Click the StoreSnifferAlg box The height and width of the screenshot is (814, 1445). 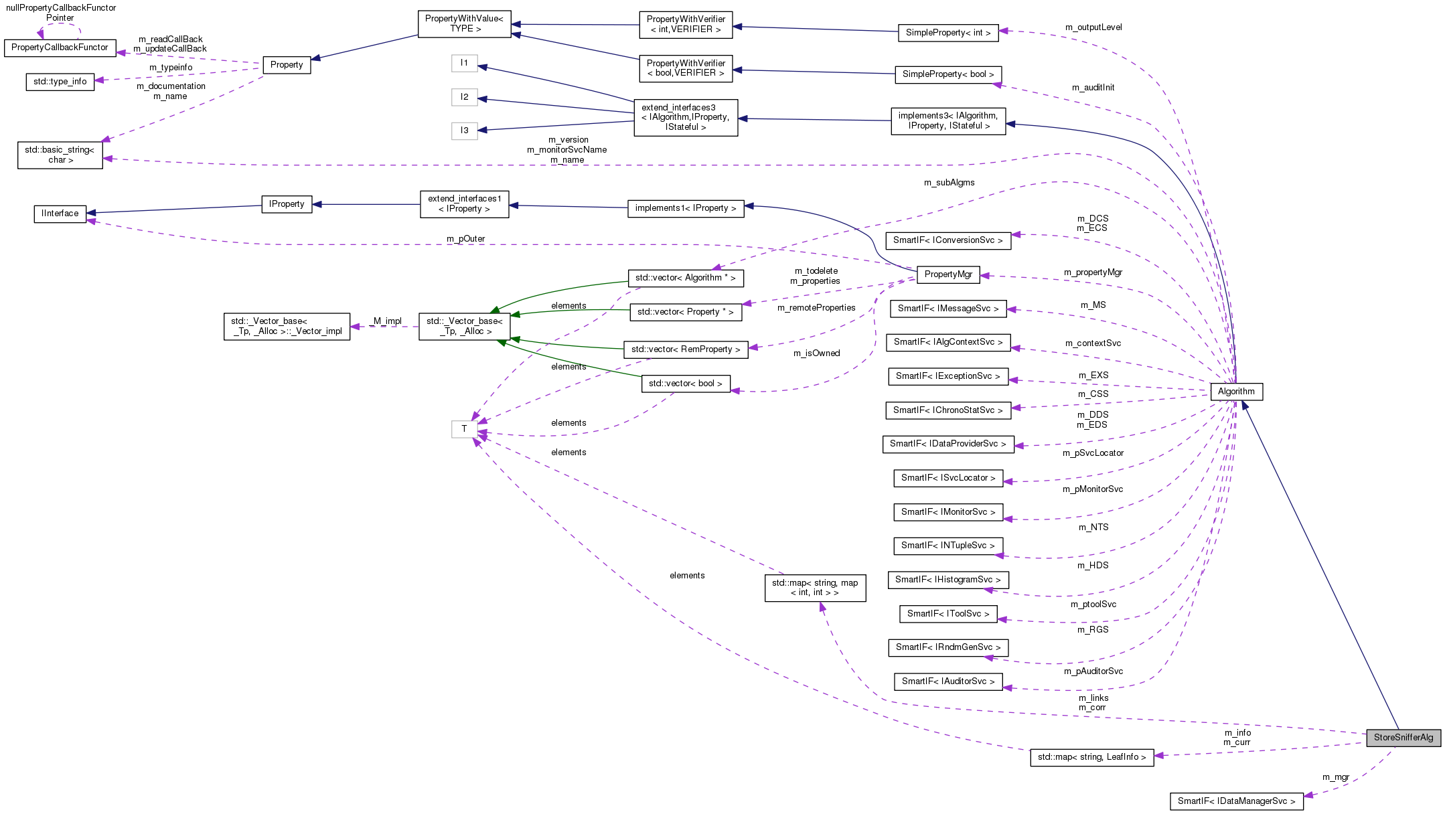[1403, 738]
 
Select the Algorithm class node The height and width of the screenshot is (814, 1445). [1236, 392]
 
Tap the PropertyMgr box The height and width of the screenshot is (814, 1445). [948, 274]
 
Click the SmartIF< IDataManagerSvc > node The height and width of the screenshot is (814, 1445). [1236, 801]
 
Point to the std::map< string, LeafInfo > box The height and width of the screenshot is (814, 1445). [1091, 757]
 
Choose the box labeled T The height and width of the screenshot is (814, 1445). [464, 429]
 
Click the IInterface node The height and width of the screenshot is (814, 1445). [60, 214]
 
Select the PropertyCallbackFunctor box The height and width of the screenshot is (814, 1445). [60, 48]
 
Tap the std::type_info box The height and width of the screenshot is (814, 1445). [60, 82]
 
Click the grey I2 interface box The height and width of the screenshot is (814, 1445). [464, 97]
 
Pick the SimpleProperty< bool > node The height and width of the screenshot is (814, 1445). [947, 74]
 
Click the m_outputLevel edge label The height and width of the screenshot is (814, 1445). [1093, 27]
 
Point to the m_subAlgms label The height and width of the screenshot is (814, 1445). [949, 183]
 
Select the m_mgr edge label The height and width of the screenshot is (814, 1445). [1335, 777]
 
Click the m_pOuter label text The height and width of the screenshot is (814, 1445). [465, 239]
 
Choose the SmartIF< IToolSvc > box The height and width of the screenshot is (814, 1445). [947, 614]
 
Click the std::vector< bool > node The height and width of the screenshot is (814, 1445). [685, 384]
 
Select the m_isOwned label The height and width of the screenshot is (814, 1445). [816, 353]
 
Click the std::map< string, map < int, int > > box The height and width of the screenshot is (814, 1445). [814, 588]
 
